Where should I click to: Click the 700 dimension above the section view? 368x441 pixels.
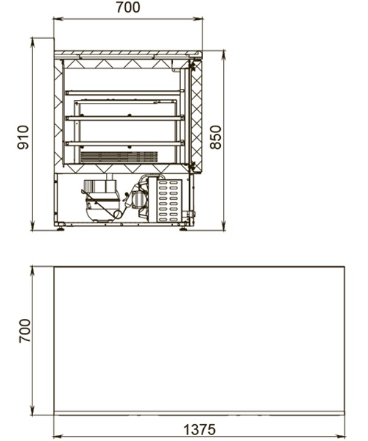[128, 7]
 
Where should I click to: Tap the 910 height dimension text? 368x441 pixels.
[23, 137]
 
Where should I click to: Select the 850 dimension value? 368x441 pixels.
[216, 137]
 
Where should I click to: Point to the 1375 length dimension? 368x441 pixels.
[199, 429]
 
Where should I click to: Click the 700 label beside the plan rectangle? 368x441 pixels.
[25, 331]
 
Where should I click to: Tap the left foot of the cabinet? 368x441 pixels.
[60, 229]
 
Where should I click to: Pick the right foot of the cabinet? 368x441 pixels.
[183, 229]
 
